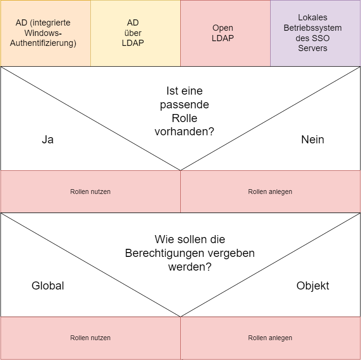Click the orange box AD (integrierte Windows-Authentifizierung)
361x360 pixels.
coord(45,33)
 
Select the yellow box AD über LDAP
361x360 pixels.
coord(135,33)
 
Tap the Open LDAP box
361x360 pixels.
coord(225,33)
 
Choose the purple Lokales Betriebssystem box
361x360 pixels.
coord(315,33)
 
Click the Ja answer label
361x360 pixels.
coord(47,140)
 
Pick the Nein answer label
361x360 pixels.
coord(312,140)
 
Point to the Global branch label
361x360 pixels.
coord(48,286)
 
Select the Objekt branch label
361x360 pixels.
coord(313,286)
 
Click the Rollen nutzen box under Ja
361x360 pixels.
coord(90,192)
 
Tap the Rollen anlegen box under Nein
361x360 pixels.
coord(270,192)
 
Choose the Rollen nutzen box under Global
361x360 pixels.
coord(90,338)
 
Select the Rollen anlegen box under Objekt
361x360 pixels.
coord(270,338)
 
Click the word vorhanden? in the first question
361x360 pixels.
coord(185,132)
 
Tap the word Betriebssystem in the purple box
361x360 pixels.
coord(313,28)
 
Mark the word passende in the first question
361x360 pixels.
coord(185,104)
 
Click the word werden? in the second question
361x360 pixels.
coord(190,266)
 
